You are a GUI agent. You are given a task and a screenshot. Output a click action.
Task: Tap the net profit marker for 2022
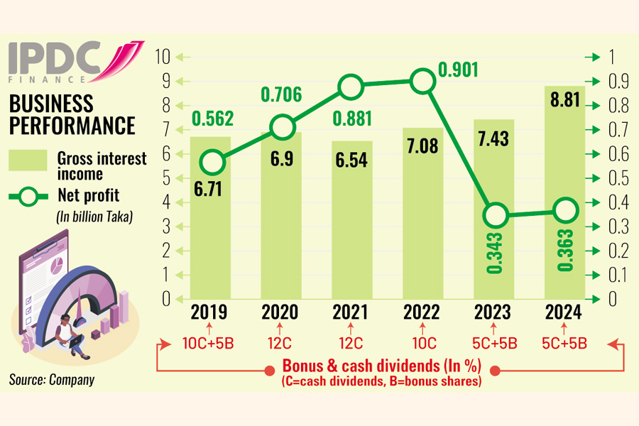click(423, 82)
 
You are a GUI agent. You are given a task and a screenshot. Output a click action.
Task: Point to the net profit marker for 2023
click(494, 214)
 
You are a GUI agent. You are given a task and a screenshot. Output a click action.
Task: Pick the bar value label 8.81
click(564, 99)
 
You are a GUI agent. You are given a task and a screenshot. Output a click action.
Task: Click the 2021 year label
click(353, 312)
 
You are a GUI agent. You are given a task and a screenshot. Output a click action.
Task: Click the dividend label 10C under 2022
click(423, 344)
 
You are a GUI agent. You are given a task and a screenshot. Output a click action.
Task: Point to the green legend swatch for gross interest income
click(28, 160)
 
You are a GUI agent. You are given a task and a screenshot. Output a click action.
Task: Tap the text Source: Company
click(51, 380)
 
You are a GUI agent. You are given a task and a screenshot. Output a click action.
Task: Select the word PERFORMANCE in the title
click(72, 126)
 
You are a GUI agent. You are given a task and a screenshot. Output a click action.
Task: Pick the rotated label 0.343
click(495, 253)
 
